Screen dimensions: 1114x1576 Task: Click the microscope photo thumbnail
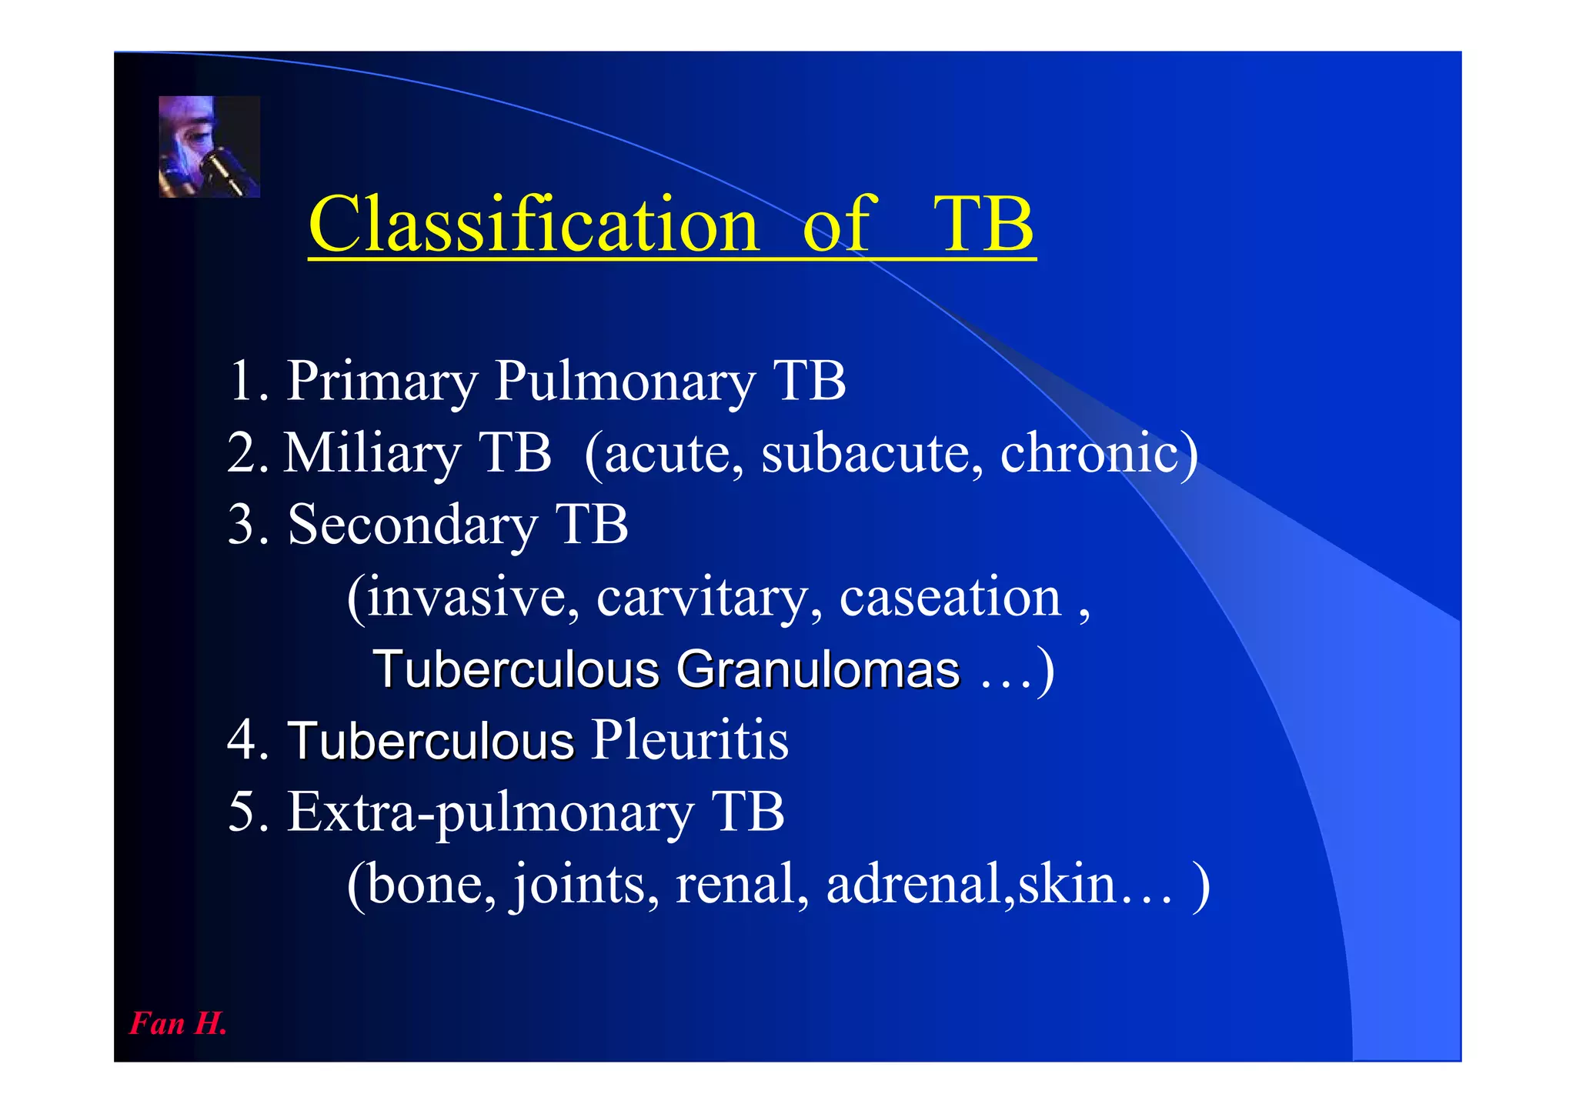click(x=209, y=147)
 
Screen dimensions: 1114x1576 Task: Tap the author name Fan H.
click(x=178, y=1023)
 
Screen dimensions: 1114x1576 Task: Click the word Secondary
click(x=412, y=525)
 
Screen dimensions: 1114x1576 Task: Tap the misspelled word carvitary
click(x=709, y=597)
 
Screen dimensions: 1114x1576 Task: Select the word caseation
click(x=950, y=597)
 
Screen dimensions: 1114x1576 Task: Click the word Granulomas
click(x=818, y=669)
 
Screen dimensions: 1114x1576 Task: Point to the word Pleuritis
click(x=689, y=740)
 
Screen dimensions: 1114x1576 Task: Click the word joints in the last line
click(x=585, y=884)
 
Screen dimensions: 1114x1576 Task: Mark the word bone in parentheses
click(x=431, y=884)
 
